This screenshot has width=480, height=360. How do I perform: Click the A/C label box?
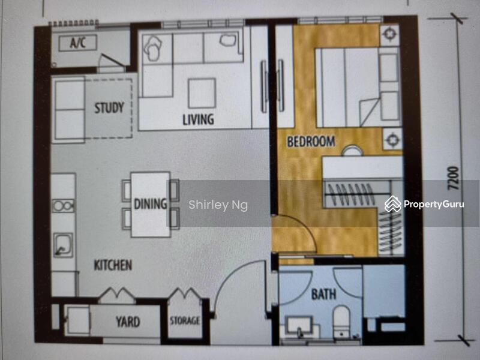click(78, 43)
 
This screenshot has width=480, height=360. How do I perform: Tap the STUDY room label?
click(109, 108)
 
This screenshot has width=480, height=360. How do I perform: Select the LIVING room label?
click(198, 119)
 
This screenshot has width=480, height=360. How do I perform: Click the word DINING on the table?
click(151, 204)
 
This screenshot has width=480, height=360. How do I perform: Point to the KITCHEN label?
click(113, 265)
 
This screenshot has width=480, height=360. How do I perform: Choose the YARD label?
click(128, 322)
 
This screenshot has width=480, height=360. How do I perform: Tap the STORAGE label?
click(185, 320)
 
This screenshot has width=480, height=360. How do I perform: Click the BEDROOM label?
click(311, 142)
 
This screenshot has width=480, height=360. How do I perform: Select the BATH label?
click(323, 294)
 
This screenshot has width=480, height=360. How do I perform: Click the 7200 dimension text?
click(454, 178)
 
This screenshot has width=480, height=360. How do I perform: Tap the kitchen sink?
click(63, 245)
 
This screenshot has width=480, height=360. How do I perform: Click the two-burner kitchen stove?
click(63, 206)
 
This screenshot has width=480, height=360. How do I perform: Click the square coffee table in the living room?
click(202, 93)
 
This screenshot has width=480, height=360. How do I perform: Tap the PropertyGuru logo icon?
click(393, 204)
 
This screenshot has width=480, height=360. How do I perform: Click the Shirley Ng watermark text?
click(218, 205)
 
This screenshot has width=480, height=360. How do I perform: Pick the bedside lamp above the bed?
click(389, 34)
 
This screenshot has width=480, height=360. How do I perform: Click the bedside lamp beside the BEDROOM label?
click(392, 140)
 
